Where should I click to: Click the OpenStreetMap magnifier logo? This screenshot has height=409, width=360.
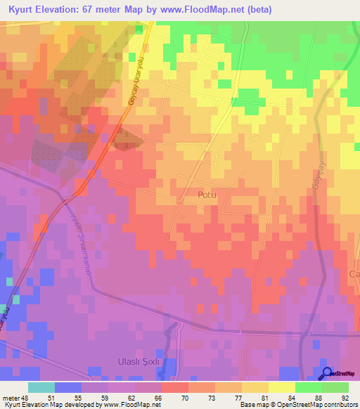click(x=328, y=374)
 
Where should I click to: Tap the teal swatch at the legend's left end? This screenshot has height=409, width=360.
click(x=41, y=387)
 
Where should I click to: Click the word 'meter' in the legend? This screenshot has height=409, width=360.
click(x=9, y=398)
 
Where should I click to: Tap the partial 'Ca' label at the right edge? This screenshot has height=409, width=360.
click(x=354, y=273)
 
